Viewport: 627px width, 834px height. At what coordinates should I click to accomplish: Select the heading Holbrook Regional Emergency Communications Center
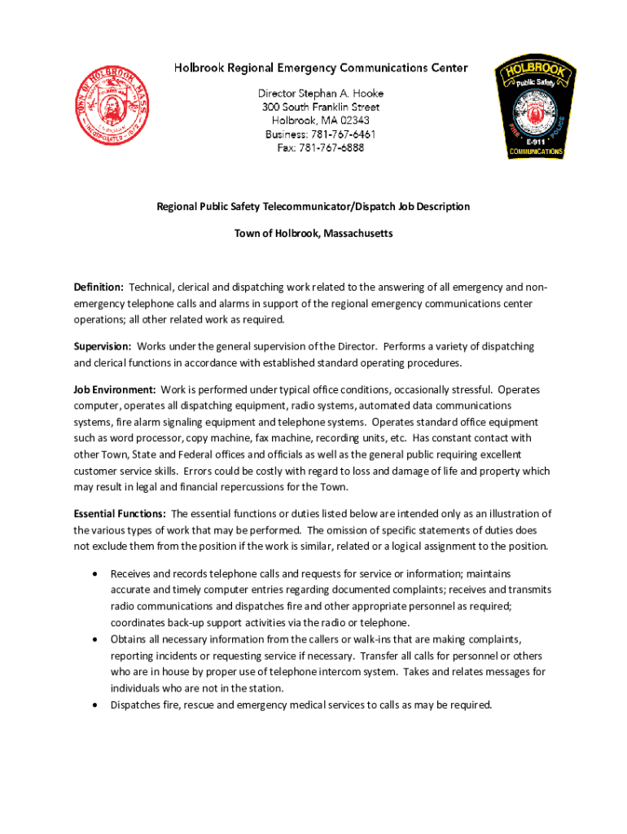click(320, 68)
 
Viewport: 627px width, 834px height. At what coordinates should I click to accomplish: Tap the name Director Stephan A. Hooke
click(320, 93)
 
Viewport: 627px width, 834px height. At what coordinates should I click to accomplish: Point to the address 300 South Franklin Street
click(320, 107)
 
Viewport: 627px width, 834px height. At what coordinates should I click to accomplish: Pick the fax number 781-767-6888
click(331, 148)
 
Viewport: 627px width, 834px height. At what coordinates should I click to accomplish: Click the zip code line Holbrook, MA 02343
click(320, 121)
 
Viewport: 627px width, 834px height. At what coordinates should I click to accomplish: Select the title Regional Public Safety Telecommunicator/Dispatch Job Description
click(313, 207)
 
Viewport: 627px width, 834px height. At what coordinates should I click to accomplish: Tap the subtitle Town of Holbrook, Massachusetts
click(313, 234)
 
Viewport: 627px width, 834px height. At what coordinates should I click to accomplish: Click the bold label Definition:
click(99, 288)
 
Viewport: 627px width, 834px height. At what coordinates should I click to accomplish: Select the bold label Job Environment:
click(115, 390)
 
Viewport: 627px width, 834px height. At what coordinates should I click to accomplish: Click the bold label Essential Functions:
click(120, 514)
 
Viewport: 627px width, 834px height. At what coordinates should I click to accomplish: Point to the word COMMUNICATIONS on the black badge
click(535, 151)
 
